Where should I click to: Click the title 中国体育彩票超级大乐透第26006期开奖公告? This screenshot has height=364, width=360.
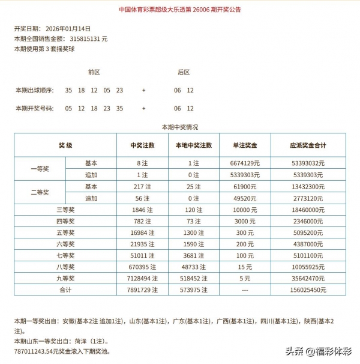180,10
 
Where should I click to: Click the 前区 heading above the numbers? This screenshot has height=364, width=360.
94,72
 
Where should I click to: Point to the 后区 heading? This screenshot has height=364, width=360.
184,72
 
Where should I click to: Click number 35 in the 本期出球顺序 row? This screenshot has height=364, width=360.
68,90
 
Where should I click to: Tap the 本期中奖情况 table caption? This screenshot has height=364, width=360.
180,127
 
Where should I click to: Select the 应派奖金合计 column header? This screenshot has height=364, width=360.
307,145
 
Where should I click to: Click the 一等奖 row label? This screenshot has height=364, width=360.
40,169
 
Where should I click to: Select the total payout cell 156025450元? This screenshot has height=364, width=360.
307,290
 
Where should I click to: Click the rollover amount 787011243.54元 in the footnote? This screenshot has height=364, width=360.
37,351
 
